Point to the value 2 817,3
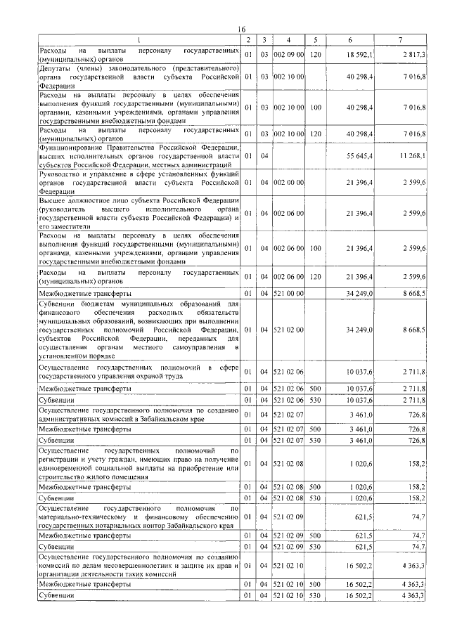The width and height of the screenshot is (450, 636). (414, 54)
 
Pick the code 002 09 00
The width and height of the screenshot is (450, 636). (289, 54)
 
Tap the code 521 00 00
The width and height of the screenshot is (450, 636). (289, 292)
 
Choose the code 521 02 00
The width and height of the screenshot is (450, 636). (289, 329)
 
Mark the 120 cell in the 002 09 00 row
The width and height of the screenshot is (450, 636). (316, 54)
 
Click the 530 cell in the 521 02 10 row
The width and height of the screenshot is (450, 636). (316, 596)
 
